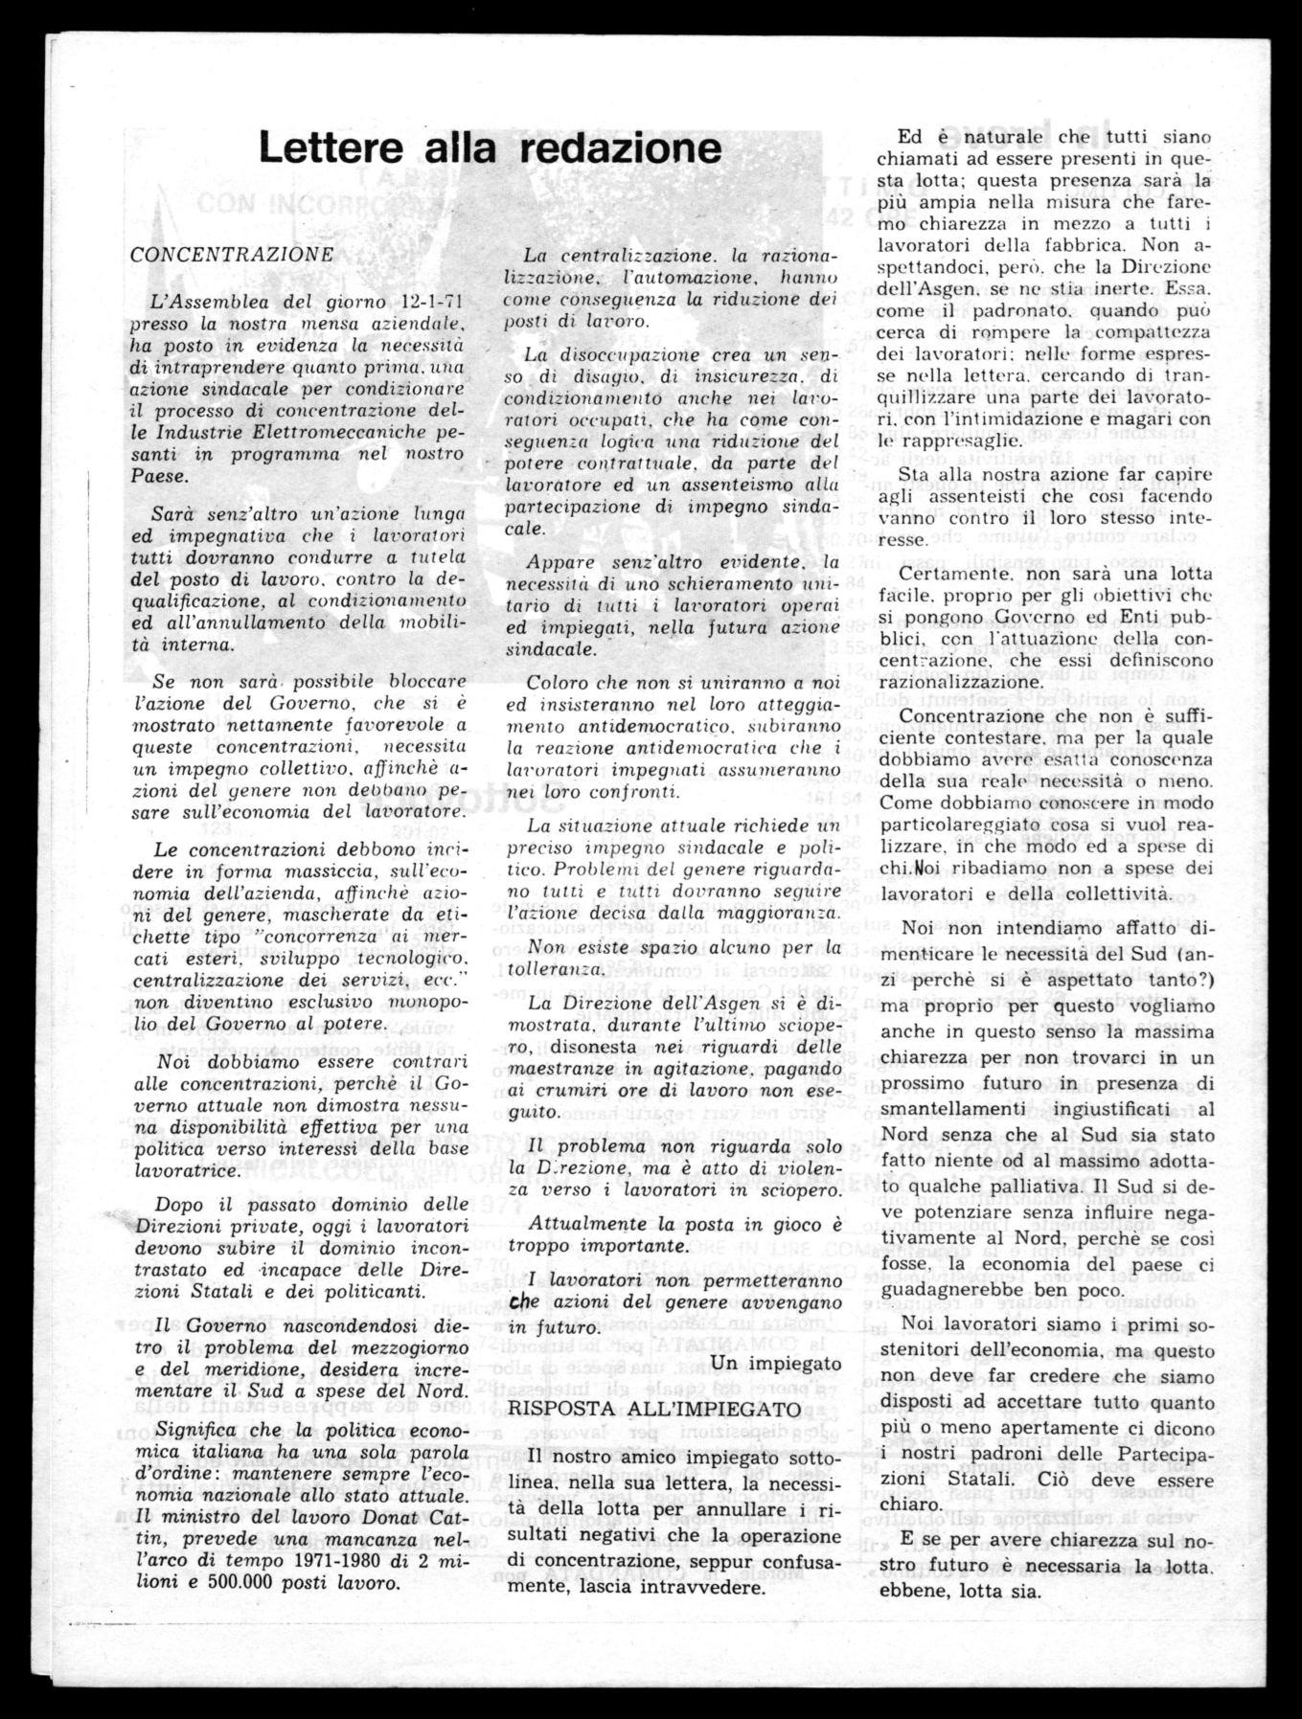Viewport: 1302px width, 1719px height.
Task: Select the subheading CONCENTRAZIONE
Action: pos(232,256)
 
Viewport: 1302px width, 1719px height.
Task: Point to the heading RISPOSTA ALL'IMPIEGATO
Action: pos(653,1407)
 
